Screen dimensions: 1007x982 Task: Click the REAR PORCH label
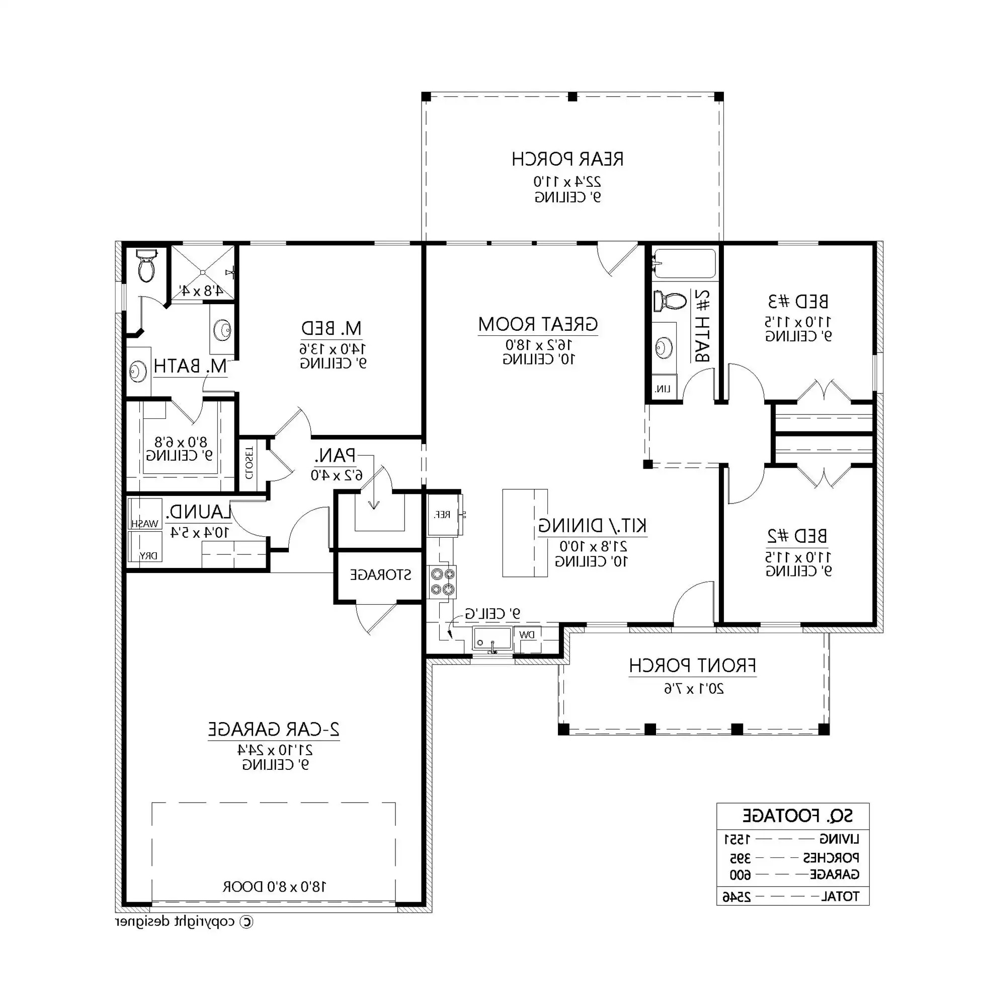pos(567,159)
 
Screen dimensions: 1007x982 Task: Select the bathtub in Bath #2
pos(684,264)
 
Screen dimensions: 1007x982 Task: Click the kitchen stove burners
pos(443,582)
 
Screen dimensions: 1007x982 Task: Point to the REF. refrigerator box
pos(443,515)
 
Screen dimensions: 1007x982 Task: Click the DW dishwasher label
pos(527,635)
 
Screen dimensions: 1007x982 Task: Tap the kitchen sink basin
pos(492,639)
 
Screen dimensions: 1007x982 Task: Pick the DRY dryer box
pos(145,546)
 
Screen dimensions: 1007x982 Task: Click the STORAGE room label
pos(380,574)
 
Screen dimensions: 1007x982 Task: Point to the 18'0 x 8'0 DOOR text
pos(274,887)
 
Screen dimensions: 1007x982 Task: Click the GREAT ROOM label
pos(538,325)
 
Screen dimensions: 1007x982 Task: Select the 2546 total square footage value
pos(736,898)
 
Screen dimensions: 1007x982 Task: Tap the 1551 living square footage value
pos(736,840)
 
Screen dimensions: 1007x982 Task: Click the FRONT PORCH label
pos(692,666)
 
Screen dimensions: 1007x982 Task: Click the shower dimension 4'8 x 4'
pos(201,291)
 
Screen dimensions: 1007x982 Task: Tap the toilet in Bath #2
pos(670,301)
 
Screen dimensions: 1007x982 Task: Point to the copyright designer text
pos(184,921)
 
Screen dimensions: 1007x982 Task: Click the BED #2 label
pos(797,536)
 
